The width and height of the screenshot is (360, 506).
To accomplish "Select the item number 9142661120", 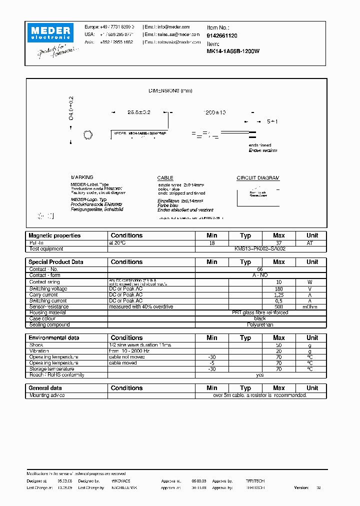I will pyautogui.click(x=222, y=36).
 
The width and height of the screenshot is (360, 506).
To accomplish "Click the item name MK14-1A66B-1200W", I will pyautogui.click(x=233, y=51).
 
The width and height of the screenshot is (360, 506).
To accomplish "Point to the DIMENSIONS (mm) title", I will pyautogui.click(x=170, y=90).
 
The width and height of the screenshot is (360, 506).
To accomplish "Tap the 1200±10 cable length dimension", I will pyautogui.click(x=213, y=112).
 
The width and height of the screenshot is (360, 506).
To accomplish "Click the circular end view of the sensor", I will pyautogui.click(x=87, y=135).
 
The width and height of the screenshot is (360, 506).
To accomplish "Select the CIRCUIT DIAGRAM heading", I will pyautogui.click(x=258, y=178).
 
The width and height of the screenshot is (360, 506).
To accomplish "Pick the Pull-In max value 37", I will pyautogui.click(x=278, y=242).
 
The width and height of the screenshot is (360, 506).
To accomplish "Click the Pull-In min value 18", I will pyautogui.click(x=212, y=242).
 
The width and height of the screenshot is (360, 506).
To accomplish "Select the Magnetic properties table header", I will pyautogui.click(x=54, y=235).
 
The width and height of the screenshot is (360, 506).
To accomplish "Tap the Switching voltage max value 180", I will pyautogui.click(x=278, y=289).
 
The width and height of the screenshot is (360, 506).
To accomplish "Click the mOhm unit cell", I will pyautogui.click(x=312, y=307).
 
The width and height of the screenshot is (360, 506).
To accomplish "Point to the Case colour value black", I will pyautogui.click(x=260, y=318).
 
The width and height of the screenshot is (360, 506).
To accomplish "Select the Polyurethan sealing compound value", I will pyautogui.click(x=260, y=324).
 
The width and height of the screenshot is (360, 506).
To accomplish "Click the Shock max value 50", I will pyautogui.click(x=278, y=345).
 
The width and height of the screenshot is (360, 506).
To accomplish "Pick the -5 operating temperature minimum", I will pyautogui.click(x=212, y=363).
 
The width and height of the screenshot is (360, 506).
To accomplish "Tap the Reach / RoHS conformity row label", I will pyautogui.click(x=57, y=375).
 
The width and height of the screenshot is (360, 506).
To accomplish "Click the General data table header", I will pyautogui.click(x=45, y=388).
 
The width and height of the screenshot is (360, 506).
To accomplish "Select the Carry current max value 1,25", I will pyautogui.click(x=278, y=295).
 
